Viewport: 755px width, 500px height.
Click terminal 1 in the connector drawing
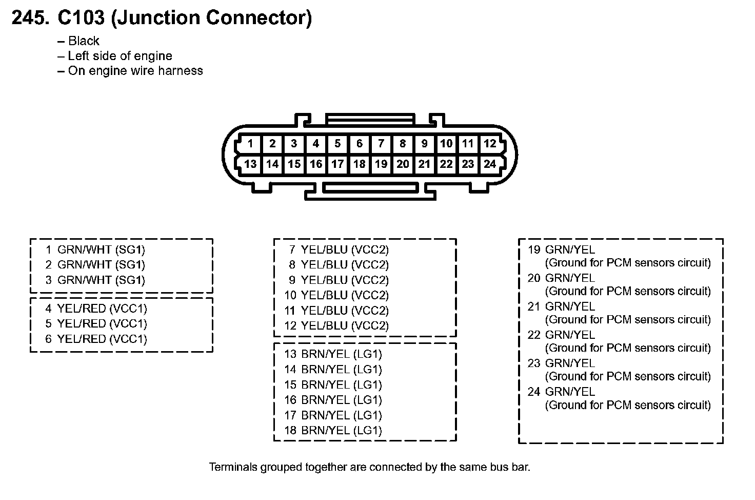(250, 144)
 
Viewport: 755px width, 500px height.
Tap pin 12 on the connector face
(490, 144)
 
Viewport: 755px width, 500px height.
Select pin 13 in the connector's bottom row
(250, 164)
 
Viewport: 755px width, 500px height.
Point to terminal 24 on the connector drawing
(490, 164)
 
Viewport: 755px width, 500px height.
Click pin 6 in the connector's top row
(359, 144)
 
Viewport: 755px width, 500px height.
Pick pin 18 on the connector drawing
(359, 164)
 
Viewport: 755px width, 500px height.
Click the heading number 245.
(31, 18)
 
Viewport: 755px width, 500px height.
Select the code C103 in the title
(81, 18)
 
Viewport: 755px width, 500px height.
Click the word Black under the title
(84, 41)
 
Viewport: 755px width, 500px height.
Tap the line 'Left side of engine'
(120, 56)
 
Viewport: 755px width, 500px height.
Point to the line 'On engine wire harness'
(135, 71)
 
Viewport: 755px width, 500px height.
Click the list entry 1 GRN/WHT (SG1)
(95, 250)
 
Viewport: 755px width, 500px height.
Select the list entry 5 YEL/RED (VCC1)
(96, 324)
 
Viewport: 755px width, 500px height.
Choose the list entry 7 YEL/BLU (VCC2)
(339, 250)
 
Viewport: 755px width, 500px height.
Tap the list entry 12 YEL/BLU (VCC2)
(336, 326)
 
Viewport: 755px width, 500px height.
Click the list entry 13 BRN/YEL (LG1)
(333, 354)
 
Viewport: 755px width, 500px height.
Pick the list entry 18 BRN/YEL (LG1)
(333, 431)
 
